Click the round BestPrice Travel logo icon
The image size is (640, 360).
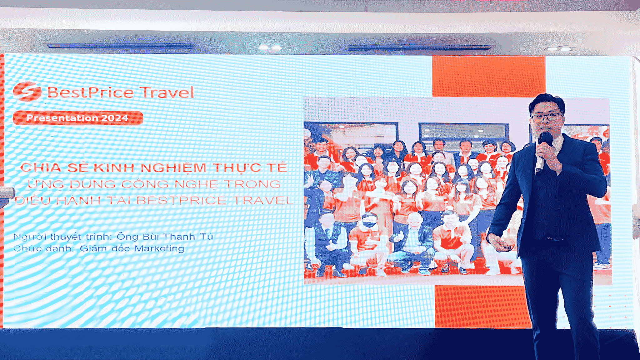click(27, 91)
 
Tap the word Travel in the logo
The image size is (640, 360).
click(167, 92)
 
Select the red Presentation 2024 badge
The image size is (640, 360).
click(78, 118)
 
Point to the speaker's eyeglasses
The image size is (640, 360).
click(546, 117)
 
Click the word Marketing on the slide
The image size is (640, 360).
click(159, 249)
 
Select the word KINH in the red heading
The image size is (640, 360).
click(114, 168)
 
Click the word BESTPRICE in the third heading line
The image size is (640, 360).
click(181, 200)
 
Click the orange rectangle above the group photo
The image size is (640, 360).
click(489, 76)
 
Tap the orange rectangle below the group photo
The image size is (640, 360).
click(482, 307)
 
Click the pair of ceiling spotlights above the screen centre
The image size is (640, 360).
click(270, 47)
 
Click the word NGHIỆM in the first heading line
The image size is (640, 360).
click(173, 168)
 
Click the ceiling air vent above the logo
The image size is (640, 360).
click(120, 46)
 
